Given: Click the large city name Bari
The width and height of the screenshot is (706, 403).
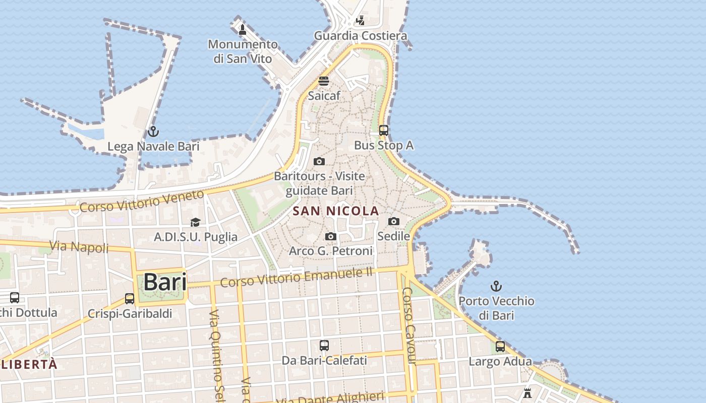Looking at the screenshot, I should (x=165, y=282).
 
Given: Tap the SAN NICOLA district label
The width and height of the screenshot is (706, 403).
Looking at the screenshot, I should (x=336, y=211).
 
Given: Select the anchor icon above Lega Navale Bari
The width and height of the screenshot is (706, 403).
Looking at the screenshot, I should (x=153, y=132).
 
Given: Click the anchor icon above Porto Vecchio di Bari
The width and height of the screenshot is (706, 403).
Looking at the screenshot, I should (x=496, y=287).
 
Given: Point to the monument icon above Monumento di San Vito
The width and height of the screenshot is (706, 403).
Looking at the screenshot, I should (x=243, y=29).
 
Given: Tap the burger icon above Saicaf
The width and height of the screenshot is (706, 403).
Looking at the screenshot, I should (x=324, y=81).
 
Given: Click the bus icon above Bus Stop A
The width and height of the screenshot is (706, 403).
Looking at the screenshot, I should (x=384, y=130).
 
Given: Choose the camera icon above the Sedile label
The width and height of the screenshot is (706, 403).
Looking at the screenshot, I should (x=394, y=221).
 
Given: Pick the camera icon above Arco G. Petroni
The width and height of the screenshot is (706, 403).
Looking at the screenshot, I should (x=331, y=236).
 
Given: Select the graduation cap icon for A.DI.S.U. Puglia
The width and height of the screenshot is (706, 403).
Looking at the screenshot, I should (x=195, y=222).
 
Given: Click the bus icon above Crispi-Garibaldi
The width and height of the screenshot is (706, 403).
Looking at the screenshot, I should (x=130, y=299).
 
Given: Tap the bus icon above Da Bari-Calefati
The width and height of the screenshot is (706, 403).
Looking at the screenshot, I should (x=324, y=346).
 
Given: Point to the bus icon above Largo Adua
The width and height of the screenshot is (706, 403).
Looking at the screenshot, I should (x=500, y=347).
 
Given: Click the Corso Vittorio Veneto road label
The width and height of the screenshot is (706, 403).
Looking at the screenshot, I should (x=142, y=200).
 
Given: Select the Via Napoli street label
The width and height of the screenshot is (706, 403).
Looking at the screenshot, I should (x=79, y=247).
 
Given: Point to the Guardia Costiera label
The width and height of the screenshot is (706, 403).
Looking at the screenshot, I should (x=361, y=36).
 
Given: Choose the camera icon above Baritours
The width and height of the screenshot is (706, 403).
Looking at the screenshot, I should (x=319, y=162).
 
